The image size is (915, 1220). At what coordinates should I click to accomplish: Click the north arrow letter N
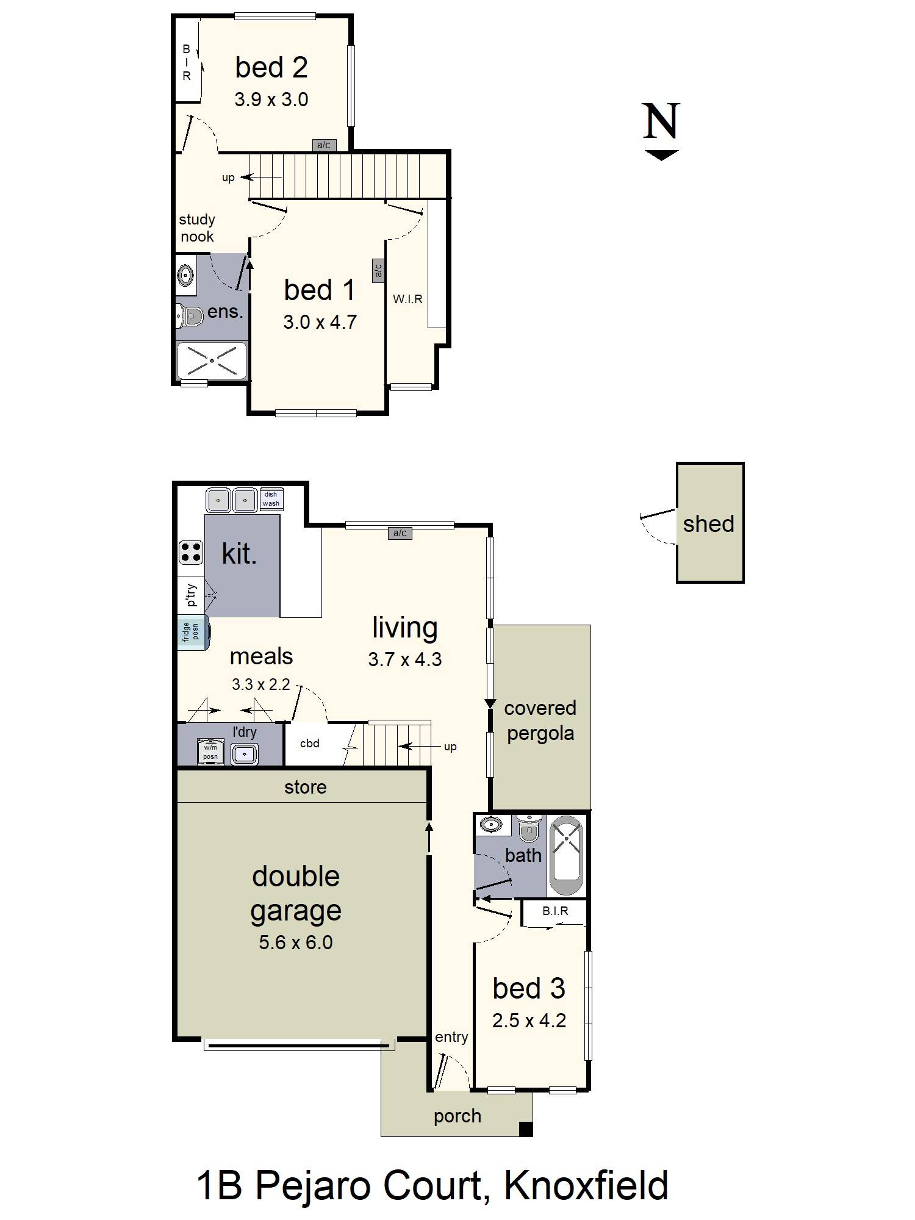point(661,121)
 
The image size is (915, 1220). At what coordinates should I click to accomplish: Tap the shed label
point(708,523)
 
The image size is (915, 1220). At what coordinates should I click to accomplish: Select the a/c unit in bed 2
point(323,145)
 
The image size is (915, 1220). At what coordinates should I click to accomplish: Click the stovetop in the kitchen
point(190,552)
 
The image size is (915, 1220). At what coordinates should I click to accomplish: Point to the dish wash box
point(271,499)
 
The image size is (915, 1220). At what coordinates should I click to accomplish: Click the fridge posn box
point(192,632)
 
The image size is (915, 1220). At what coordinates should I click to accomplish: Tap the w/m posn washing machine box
point(210,752)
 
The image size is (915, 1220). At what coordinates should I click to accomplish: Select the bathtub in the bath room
point(566,855)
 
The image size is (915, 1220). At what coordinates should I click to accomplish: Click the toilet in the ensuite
point(190,316)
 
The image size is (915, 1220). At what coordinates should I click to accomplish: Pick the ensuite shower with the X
point(212,361)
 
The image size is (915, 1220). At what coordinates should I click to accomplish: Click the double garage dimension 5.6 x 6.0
point(295,942)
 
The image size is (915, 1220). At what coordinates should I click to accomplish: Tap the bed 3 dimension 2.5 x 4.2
point(529,1021)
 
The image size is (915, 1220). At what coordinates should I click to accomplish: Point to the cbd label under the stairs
point(310,743)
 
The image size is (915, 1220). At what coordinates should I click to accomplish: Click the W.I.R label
point(407,299)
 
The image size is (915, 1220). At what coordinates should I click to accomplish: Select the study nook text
point(196,228)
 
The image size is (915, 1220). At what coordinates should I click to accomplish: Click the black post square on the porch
point(525,1129)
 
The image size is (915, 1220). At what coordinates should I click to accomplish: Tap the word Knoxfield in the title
point(586,1186)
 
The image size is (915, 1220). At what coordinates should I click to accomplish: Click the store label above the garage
point(305,787)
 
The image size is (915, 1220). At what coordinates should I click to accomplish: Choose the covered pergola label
point(540,720)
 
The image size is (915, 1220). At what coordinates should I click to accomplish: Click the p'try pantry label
point(191,595)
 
